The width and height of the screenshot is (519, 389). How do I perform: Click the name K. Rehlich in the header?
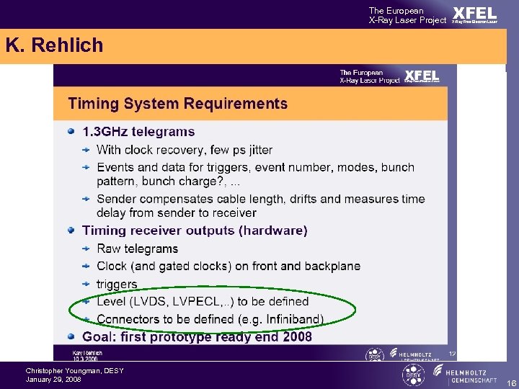[54, 45]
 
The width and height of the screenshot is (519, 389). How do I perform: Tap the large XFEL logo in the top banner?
[474, 14]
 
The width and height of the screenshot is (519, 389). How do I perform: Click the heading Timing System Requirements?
[177, 104]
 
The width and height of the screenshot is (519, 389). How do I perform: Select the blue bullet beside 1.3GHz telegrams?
[71, 131]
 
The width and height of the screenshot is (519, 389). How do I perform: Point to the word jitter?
[256, 150]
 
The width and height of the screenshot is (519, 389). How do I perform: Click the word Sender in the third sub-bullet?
[116, 199]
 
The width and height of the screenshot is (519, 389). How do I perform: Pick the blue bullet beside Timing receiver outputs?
[71, 231]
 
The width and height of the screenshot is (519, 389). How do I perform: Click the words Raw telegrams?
[137, 249]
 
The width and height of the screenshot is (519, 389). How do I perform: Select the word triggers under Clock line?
[117, 284]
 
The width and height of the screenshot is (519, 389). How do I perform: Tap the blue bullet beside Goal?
[71, 336]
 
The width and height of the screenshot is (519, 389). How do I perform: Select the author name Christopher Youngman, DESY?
[74, 370]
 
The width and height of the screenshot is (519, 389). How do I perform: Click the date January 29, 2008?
[53, 379]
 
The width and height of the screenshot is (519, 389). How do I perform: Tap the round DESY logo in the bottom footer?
[413, 375]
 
